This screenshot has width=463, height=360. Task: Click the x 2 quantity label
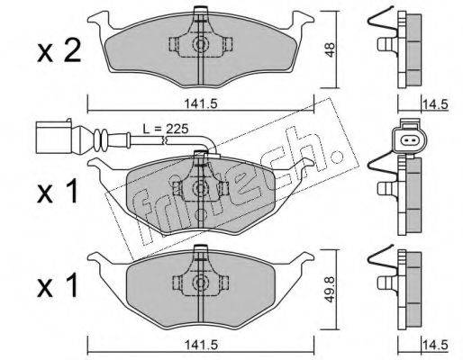pos(59,50)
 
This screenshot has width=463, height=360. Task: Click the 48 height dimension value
pos(330,49)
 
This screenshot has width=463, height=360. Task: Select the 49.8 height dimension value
pos(330,289)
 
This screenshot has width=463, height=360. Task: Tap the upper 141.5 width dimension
pos(201,104)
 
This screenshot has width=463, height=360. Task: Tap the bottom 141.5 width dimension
pos(201,345)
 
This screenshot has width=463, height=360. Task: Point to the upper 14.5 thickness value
pos(435,104)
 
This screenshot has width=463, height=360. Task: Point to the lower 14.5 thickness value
pos(435,345)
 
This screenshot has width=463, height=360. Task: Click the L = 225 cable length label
pos(165,129)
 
